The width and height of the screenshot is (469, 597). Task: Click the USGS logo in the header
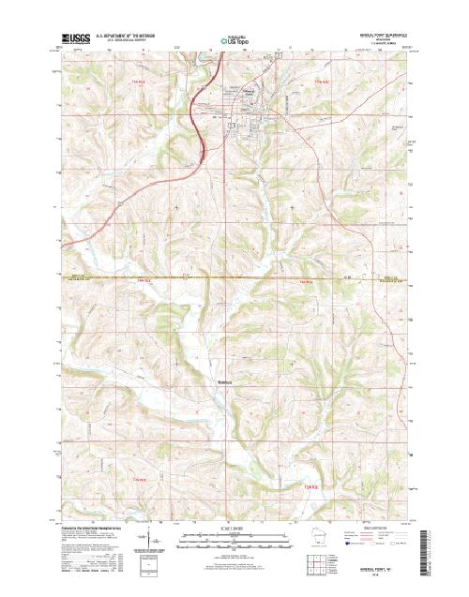[x=73, y=38]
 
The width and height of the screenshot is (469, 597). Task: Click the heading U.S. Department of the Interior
[x=132, y=36]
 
